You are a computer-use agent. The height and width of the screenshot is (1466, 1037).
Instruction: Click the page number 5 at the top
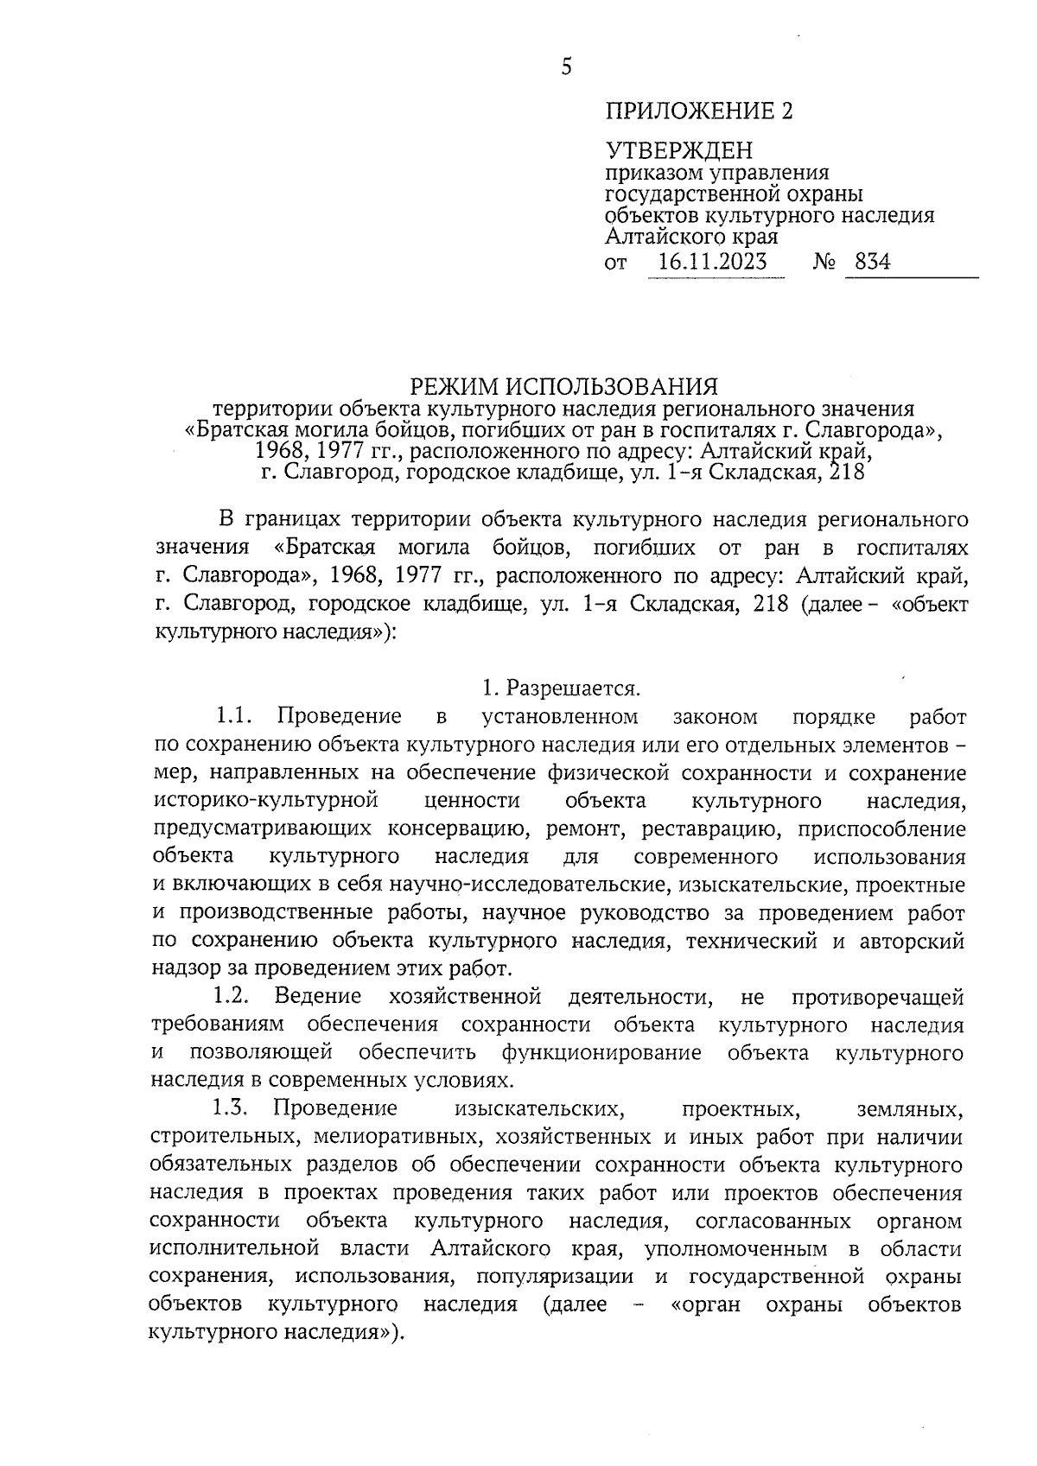[566, 67]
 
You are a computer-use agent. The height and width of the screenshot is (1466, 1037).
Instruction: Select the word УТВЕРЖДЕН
[678, 153]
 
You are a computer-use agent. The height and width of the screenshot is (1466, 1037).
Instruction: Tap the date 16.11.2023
[712, 262]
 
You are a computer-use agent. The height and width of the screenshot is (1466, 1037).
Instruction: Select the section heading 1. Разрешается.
[561, 689]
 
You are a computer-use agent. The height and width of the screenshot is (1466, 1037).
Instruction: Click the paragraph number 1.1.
[232, 716]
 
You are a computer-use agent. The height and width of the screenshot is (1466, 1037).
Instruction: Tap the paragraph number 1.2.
[232, 996]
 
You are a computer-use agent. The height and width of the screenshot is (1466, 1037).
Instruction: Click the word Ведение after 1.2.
[318, 996]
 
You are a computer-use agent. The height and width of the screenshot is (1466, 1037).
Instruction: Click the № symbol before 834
[824, 262]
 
